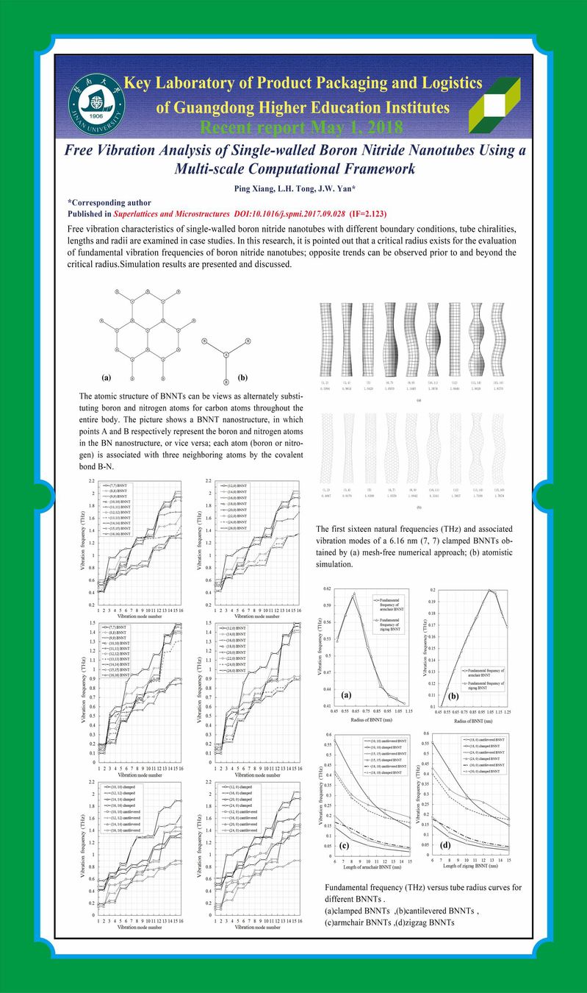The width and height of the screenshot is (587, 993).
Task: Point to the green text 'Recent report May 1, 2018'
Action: [x=301, y=127]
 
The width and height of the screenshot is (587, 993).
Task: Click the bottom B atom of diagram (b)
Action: [x=226, y=370]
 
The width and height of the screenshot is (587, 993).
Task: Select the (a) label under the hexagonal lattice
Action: [x=107, y=378]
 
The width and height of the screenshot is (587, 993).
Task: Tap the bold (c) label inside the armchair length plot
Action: [x=344, y=844]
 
